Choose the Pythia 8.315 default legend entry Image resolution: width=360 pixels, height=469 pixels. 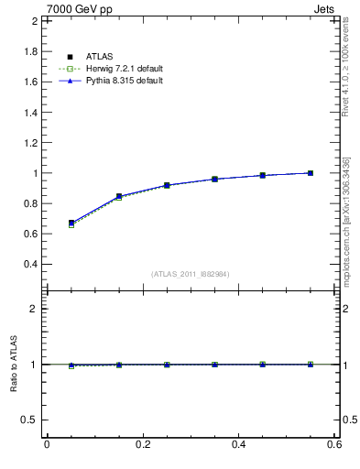(117, 81)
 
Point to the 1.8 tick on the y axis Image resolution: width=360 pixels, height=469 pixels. (30, 51)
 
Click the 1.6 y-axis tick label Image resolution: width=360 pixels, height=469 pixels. (30, 82)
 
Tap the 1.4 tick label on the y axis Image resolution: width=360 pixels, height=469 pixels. (30, 112)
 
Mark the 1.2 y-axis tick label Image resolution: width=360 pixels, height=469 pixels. (30, 142)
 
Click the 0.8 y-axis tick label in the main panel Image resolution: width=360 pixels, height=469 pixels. (30, 203)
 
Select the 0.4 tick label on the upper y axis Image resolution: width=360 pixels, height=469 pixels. (30, 264)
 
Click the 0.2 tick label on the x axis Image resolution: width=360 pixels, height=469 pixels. (142, 444)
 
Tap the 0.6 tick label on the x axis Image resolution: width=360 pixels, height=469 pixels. (334, 444)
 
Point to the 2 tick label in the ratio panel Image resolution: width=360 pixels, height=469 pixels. (34, 309)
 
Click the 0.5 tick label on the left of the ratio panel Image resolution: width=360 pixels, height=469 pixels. (30, 420)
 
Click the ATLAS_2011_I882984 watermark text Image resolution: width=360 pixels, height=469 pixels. (191, 274)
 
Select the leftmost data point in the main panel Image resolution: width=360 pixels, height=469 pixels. (71, 223)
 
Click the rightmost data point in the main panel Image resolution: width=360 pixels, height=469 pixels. (311, 173)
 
